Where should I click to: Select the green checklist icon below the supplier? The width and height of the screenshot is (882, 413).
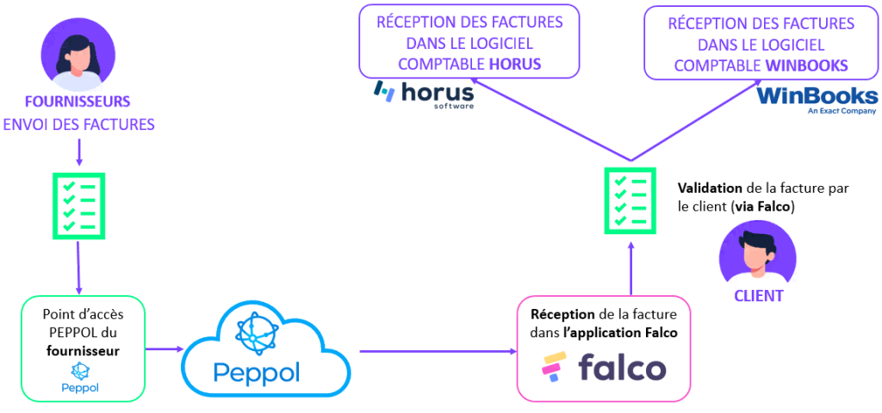tap(79, 203)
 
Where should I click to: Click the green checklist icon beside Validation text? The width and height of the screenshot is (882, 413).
tap(631, 200)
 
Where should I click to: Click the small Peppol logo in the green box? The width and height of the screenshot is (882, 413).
tap(80, 377)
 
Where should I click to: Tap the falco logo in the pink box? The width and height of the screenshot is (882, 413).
tap(603, 367)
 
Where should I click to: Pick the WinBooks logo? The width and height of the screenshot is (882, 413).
tap(817, 98)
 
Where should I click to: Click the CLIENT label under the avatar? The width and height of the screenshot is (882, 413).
tap(758, 295)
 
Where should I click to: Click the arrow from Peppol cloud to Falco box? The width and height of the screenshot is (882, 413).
tap(435, 350)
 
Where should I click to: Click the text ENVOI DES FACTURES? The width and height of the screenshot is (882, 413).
tap(78, 125)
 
